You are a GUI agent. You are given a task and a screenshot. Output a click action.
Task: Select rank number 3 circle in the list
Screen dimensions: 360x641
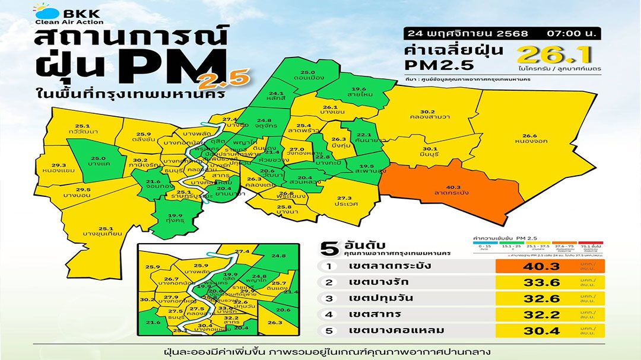tap(328, 298)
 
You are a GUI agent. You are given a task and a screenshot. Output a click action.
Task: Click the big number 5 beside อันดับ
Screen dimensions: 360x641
tap(325, 246)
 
